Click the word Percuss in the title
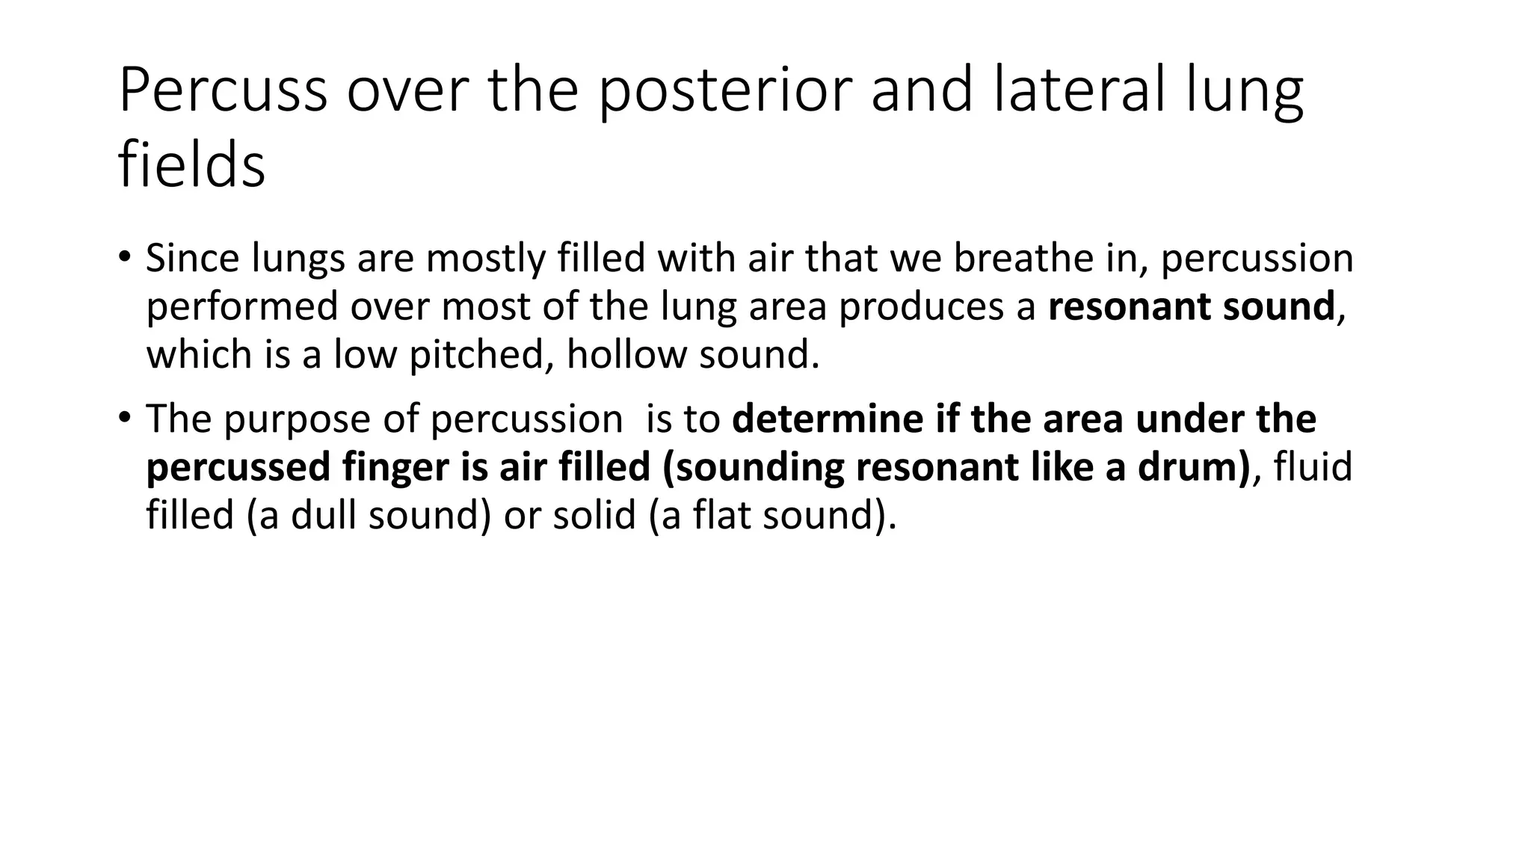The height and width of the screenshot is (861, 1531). click(x=223, y=91)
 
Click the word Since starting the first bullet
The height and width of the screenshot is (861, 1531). click(x=192, y=259)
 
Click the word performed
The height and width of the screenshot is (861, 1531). click(x=242, y=306)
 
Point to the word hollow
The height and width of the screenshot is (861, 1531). click(x=626, y=354)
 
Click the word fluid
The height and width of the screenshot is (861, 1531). click(x=1313, y=467)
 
